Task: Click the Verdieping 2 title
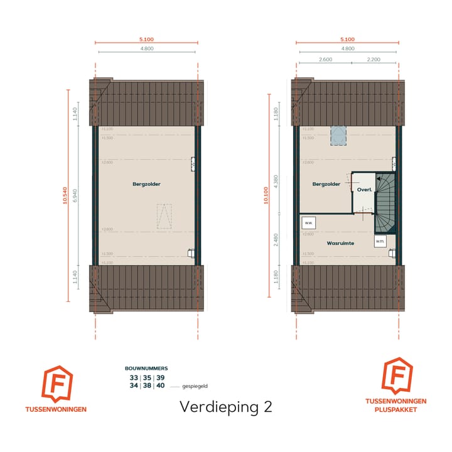226,406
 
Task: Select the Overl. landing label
365,189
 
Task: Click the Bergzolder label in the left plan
146,185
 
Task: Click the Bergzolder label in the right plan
326,185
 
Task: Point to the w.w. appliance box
308,223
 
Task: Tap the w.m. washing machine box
380,241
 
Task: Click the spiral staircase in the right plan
386,202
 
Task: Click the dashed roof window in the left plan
164,217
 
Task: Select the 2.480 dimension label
276,239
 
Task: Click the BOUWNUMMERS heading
146,368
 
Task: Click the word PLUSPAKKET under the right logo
396,409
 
